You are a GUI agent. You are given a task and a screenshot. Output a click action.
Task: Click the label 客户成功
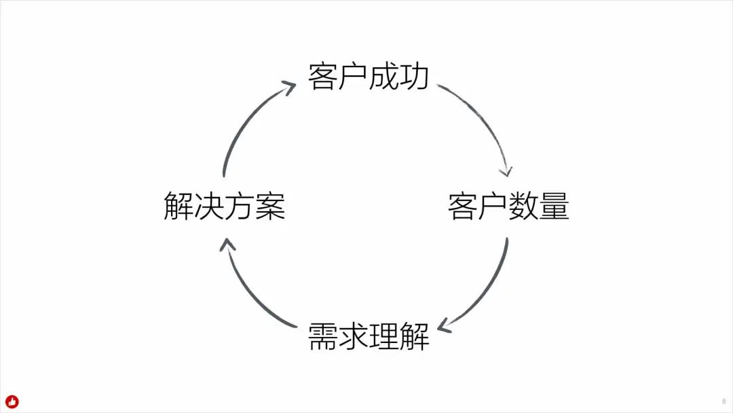(x=369, y=77)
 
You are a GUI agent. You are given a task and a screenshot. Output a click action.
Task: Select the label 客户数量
(x=508, y=206)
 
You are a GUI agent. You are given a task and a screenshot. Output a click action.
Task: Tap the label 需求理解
(x=369, y=336)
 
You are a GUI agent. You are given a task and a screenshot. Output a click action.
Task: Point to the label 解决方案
(x=225, y=206)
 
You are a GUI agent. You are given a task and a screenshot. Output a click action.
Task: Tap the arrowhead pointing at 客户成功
(x=288, y=88)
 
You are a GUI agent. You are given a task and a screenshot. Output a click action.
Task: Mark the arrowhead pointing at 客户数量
(x=506, y=171)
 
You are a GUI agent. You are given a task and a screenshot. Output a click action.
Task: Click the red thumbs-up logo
(x=12, y=401)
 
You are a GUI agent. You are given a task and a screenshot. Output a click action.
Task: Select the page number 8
(x=723, y=401)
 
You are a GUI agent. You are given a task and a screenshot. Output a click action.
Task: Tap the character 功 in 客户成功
(x=415, y=77)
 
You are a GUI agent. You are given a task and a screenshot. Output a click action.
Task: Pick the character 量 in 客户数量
(x=554, y=206)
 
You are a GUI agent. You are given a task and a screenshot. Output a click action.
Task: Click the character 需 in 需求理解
(x=323, y=336)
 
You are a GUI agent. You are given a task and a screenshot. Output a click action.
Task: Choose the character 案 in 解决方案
(x=270, y=206)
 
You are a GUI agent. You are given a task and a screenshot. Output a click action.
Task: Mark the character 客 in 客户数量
(x=463, y=206)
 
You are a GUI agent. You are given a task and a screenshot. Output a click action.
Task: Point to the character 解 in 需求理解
(x=415, y=336)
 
